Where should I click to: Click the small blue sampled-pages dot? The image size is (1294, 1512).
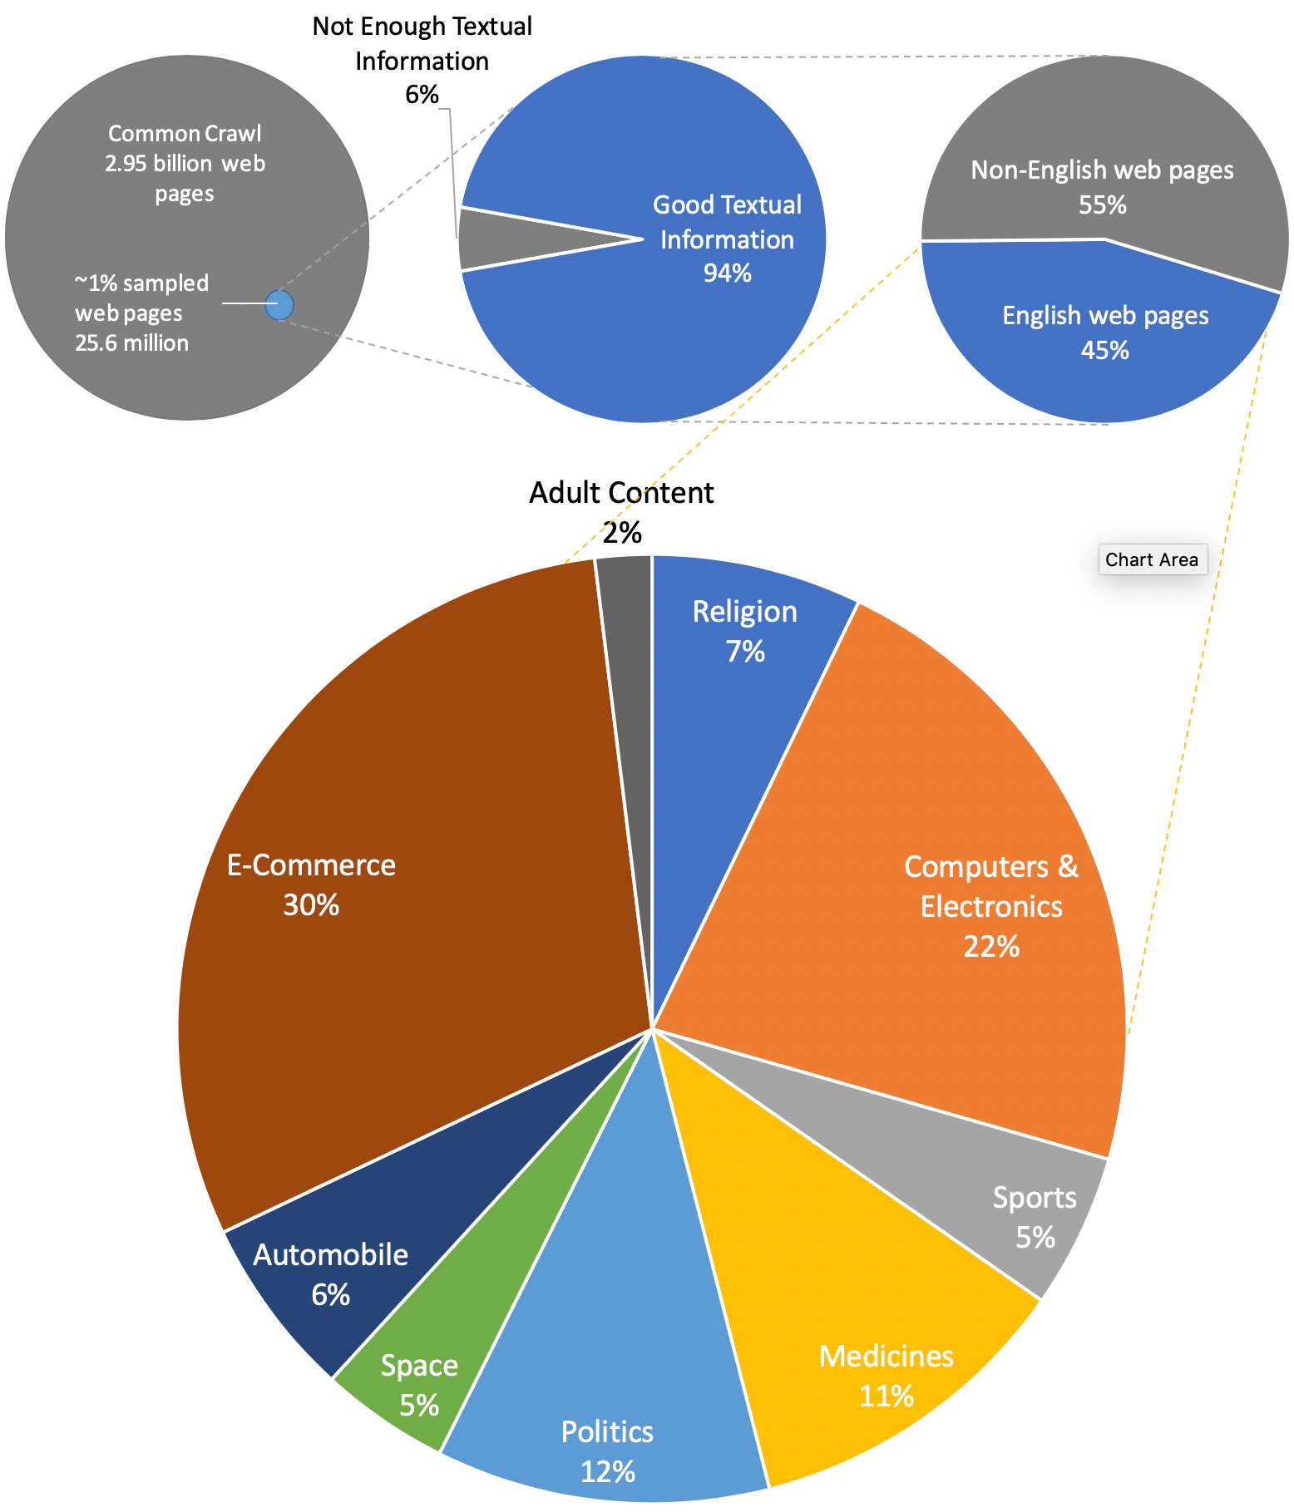point(279,305)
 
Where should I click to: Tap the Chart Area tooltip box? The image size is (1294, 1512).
point(1152,559)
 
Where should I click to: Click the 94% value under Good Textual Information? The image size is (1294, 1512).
point(727,273)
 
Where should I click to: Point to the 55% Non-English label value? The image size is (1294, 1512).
point(1102,205)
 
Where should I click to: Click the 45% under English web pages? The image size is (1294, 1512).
point(1104,351)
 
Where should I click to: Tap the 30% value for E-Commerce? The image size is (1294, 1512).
point(311,905)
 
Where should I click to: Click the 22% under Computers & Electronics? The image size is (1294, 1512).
point(990,947)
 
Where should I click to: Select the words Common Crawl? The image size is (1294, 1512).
point(185,133)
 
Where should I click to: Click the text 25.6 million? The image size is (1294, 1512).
point(131,343)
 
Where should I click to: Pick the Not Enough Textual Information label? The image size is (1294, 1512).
point(422,43)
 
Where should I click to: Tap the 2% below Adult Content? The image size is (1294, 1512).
point(621,533)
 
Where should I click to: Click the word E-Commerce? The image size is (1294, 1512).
point(311,865)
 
